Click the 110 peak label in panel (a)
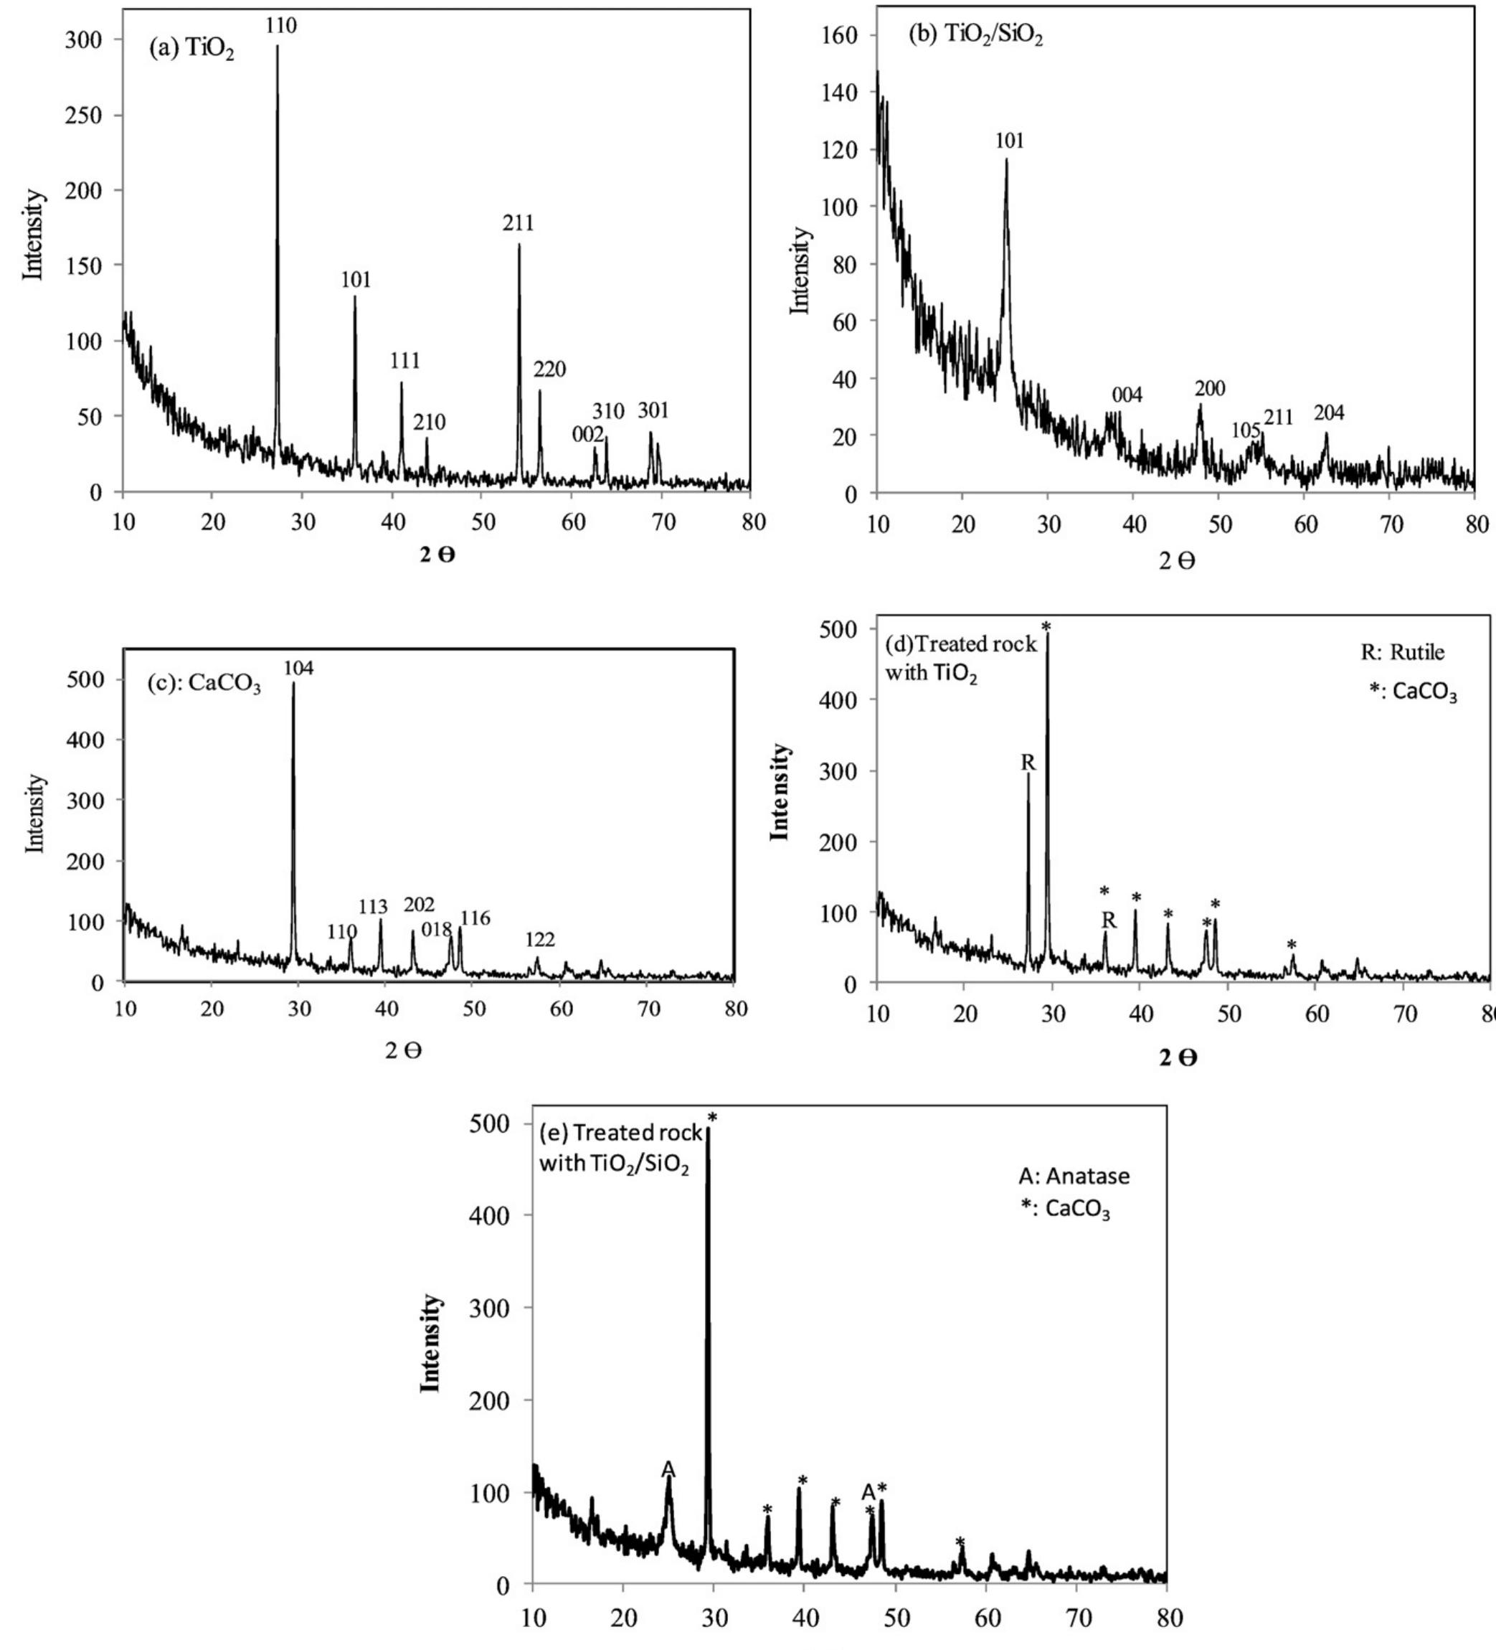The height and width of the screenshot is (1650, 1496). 280,25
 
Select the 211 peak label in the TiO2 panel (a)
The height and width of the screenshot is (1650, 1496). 518,222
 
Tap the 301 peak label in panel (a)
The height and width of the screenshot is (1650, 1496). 653,410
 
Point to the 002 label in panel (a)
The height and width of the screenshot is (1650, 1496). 587,435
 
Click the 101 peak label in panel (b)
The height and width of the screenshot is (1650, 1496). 1009,141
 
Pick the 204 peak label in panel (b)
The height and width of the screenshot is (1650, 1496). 1328,413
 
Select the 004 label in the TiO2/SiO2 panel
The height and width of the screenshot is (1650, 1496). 1127,395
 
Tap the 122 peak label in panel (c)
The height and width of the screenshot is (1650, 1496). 540,940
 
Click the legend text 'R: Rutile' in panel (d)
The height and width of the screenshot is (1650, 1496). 1403,652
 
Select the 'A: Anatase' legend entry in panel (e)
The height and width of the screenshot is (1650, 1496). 1074,1176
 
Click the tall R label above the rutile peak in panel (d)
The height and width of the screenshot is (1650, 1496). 1028,763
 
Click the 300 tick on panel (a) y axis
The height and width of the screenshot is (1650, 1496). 83,39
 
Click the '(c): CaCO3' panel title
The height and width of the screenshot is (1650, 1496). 204,684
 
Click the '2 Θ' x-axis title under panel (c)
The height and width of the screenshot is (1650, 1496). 404,1050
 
